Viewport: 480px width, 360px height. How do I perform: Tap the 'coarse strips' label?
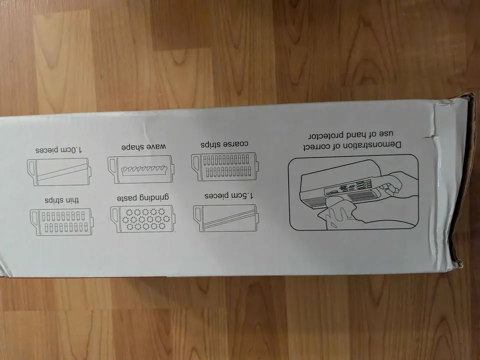(x=224, y=144)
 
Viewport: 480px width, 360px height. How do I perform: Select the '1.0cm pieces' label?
(x=59, y=150)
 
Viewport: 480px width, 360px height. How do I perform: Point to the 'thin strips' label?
(x=62, y=200)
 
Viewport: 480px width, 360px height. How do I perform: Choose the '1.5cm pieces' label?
(x=229, y=195)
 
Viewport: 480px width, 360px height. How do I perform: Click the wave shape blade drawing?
(x=141, y=169)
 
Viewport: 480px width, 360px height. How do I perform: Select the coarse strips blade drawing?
(x=224, y=167)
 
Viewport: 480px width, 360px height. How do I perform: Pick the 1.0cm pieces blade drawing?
(x=58, y=171)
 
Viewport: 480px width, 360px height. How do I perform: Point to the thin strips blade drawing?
(x=62, y=222)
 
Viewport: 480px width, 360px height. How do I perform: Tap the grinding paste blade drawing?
(x=142, y=218)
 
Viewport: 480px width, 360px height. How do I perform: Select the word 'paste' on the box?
(x=127, y=198)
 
